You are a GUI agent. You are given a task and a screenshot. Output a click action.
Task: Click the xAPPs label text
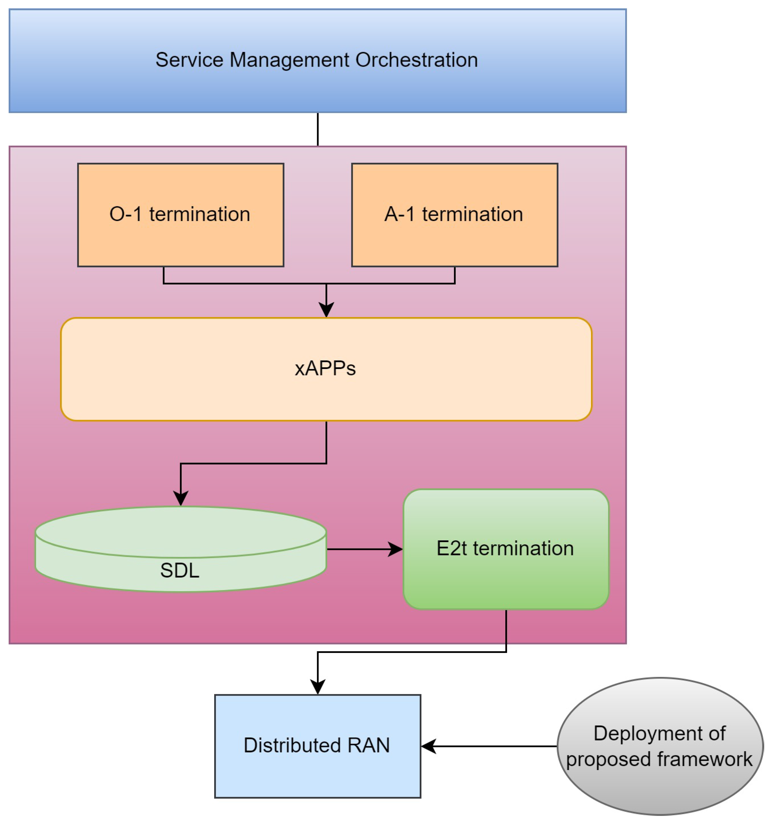pyautogui.click(x=325, y=368)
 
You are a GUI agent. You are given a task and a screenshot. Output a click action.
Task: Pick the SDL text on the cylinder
pyautogui.click(x=180, y=570)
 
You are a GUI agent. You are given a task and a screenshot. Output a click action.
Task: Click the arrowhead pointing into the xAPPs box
pyautogui.click(x=326, y=310)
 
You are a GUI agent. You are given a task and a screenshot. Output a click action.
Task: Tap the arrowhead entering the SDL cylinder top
pyautogui.click(x=181, y=498)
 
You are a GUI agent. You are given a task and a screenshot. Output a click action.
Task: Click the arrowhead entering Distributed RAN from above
pyautogui.click(x=318, y=686)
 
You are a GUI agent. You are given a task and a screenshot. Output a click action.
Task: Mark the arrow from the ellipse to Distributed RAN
pyautogui.click(x=490, y=746)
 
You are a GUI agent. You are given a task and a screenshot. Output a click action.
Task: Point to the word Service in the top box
pyautogui.click(x=189, y=60)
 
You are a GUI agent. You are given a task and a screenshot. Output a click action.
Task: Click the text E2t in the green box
pyautogui.click(x=451, y=548)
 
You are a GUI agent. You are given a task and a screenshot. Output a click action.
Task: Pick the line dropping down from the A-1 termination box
pyautogui.click(x=455, y=275)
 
